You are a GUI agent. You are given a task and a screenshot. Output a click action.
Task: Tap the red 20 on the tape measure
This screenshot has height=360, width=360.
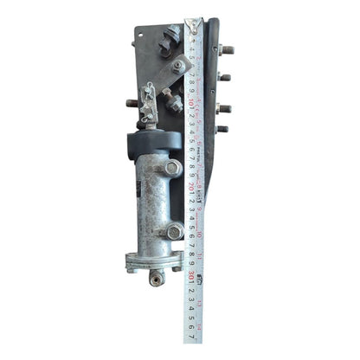190,184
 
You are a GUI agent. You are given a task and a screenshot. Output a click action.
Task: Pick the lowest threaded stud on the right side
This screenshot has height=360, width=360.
222,129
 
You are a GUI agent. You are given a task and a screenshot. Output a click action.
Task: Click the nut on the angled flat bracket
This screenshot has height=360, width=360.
177,65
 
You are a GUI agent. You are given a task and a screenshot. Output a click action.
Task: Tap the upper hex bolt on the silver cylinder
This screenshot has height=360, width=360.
172,168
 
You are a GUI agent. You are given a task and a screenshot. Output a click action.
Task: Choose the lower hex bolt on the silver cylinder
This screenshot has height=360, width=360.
174,231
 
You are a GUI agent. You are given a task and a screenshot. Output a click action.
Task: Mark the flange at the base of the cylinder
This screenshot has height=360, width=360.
154,260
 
